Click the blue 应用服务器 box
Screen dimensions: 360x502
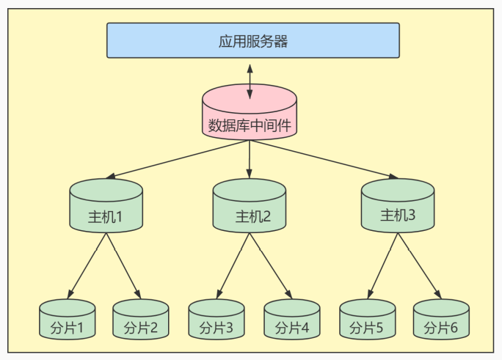pyautogui.click(x=253, y=40)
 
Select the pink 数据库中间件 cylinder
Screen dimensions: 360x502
pyautogui.click(x=250, y=117)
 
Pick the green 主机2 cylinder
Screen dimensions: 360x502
pyautogui.click(x=250, y=210)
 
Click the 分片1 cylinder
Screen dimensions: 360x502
pyautogui.click(x=68, y=323)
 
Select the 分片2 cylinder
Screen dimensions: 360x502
pyautogui.click(x=141, y=323)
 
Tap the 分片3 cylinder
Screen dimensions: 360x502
pyautogui.click(x=217, y=323)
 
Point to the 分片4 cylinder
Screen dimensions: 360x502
pyautogui.click(x=291, y=323)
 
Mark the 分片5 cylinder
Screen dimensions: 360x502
pyautogui.click(x=367, y=323)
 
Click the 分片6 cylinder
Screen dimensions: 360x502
pyautogui.click(x=441, y=323)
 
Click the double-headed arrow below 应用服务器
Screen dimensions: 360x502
pyautogui.click(x=250, y=79)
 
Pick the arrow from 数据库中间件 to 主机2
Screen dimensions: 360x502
pyautogui.click(x=250, y=159)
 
